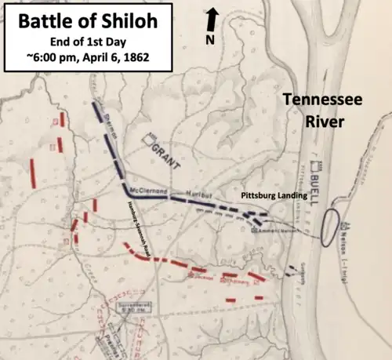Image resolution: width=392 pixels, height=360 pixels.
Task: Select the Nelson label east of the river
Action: coord(358,228)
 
